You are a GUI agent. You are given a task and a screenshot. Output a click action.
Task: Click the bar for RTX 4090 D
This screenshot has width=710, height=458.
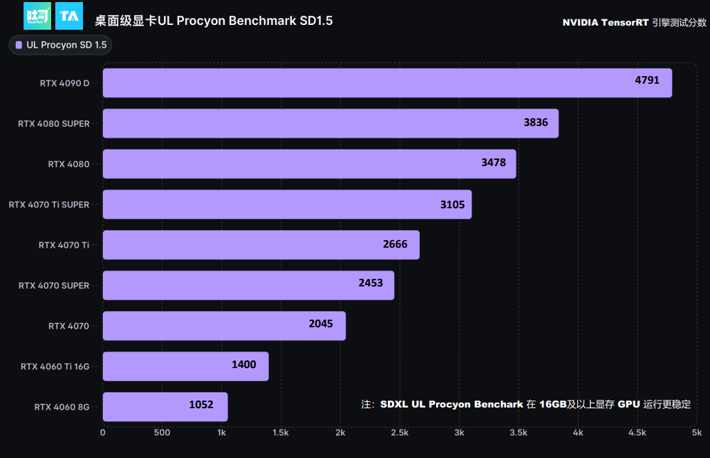coord(387,83)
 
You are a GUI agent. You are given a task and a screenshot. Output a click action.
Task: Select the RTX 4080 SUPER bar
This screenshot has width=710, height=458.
coord(330,123)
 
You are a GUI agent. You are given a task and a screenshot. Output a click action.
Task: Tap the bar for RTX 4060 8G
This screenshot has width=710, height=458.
coord(165,407)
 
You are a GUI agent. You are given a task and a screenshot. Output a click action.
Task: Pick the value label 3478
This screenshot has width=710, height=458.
coord(494,163)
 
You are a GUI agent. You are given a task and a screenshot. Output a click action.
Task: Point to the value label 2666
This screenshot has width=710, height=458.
coord(395,244)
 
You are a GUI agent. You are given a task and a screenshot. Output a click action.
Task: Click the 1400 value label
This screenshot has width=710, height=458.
coord(244,365)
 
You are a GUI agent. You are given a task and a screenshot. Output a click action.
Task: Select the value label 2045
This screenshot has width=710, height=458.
coord(321,324)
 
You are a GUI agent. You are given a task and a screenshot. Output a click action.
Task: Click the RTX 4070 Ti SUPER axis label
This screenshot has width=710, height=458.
coord(49,205)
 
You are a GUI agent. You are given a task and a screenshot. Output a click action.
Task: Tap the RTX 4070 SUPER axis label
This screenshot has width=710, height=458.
coord(54,285)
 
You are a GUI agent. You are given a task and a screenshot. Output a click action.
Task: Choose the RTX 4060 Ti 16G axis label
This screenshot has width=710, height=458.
coord(55,366)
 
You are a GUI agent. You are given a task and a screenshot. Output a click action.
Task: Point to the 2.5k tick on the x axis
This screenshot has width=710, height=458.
coord(400,433)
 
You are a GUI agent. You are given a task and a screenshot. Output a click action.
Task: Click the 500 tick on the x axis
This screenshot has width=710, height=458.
coord(162,433)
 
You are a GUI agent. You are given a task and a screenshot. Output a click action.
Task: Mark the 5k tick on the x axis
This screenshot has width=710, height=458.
coord(696,433)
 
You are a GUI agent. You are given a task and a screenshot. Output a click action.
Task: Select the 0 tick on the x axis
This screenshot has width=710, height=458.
coord(103,433)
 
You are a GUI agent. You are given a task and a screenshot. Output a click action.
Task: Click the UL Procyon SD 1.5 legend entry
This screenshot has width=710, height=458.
coord(60,45)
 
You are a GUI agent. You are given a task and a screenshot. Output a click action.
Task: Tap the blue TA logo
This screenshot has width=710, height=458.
coord(69,16)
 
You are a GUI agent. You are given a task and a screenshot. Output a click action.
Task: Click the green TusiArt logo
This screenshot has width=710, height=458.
coord(37,16)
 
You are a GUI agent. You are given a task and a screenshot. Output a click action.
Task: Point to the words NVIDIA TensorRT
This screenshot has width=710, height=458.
coord(605,22)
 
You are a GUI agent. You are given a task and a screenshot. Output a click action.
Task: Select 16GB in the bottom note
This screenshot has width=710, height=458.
coord(553,404)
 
